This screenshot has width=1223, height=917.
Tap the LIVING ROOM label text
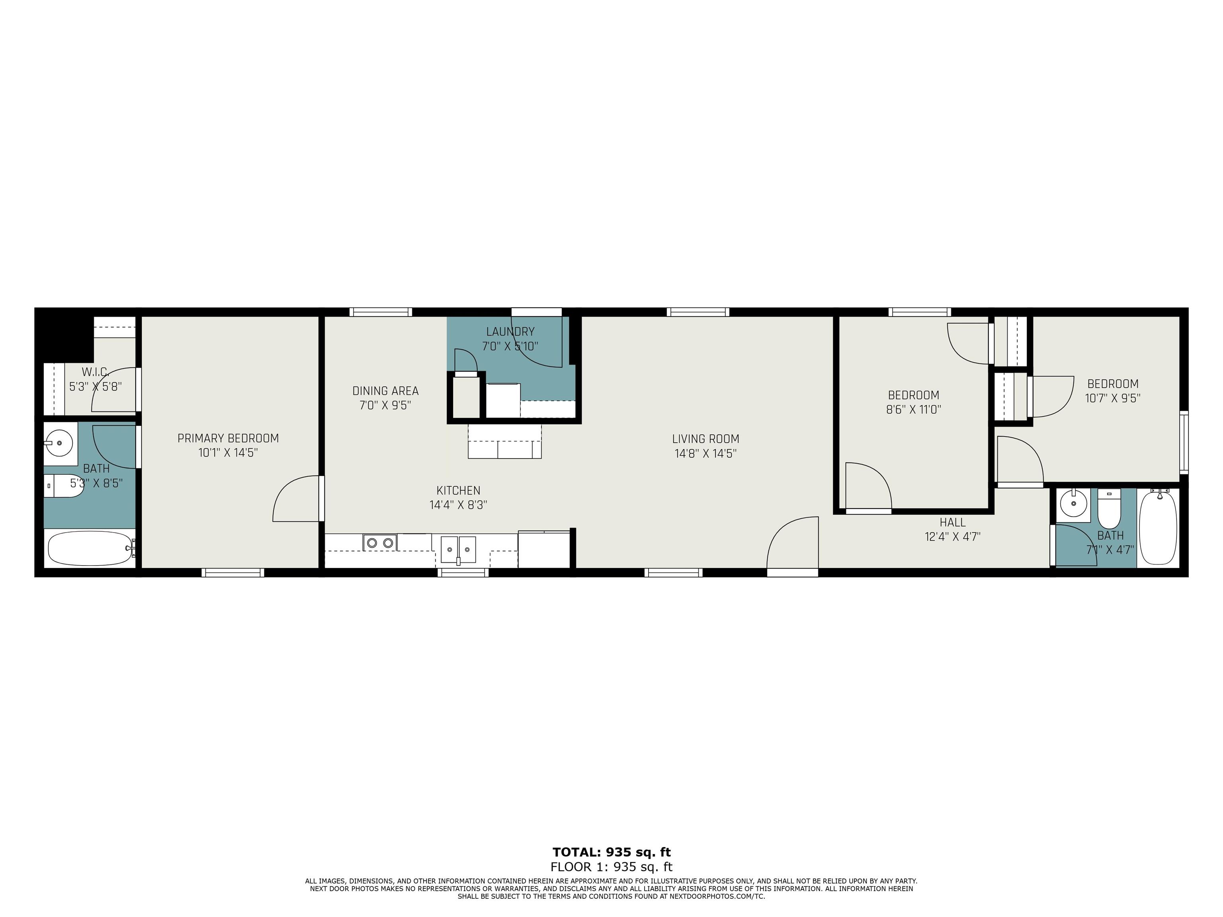[705, 439]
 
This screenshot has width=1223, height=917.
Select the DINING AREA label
[385, 391]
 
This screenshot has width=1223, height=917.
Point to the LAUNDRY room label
[510, 332]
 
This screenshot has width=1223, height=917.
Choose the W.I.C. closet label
[95, 373]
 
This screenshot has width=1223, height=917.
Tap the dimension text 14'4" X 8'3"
[458, 505]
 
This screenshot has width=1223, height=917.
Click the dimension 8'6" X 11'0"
[913, 410]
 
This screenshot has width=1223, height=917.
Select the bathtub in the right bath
[1159, 527]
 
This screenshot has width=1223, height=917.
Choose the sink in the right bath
[1073, 503]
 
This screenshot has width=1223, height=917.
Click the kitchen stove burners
[380, 543]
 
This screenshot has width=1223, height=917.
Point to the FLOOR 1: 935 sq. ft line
[611, 867]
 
